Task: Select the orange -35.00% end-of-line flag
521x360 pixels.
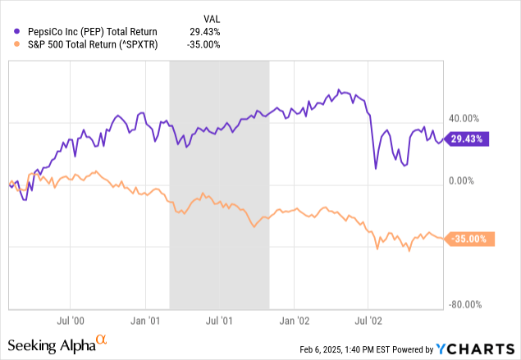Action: tap(468, 239)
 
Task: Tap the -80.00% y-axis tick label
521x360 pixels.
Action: tap(465, 304)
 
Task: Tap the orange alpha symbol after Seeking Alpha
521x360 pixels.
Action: tap(101, 339)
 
